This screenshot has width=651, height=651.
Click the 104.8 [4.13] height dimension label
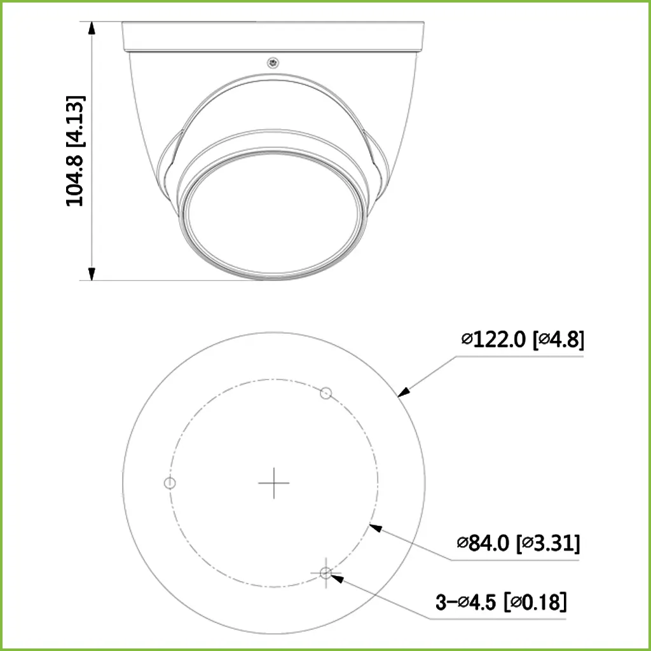tap(76, 151)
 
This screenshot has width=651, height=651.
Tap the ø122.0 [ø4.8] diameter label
tap(523, 339)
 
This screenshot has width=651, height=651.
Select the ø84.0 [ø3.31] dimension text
tap(517, 543)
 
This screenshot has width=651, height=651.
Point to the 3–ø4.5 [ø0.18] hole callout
tap(500, 601)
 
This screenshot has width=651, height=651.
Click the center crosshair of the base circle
tap(273, 483)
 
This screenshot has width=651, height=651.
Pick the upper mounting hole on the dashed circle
tap(325, 394)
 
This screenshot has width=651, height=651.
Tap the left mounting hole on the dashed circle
tap(169, 483)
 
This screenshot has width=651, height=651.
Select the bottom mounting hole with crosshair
tap(325, 573)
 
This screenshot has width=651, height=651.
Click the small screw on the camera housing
tap(273, 62)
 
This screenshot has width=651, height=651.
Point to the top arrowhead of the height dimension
tap(93, 29)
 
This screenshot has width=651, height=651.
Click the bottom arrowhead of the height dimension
tap(93, 273)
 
